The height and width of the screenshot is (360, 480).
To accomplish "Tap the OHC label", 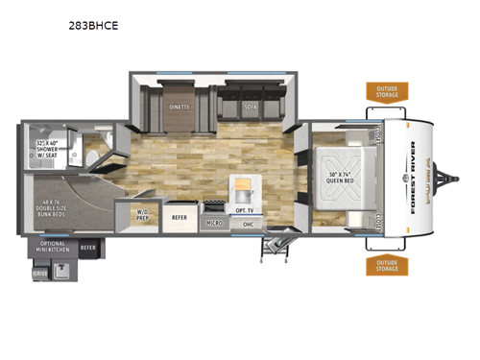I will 248,225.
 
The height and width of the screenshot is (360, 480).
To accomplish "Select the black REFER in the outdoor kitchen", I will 88,248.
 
